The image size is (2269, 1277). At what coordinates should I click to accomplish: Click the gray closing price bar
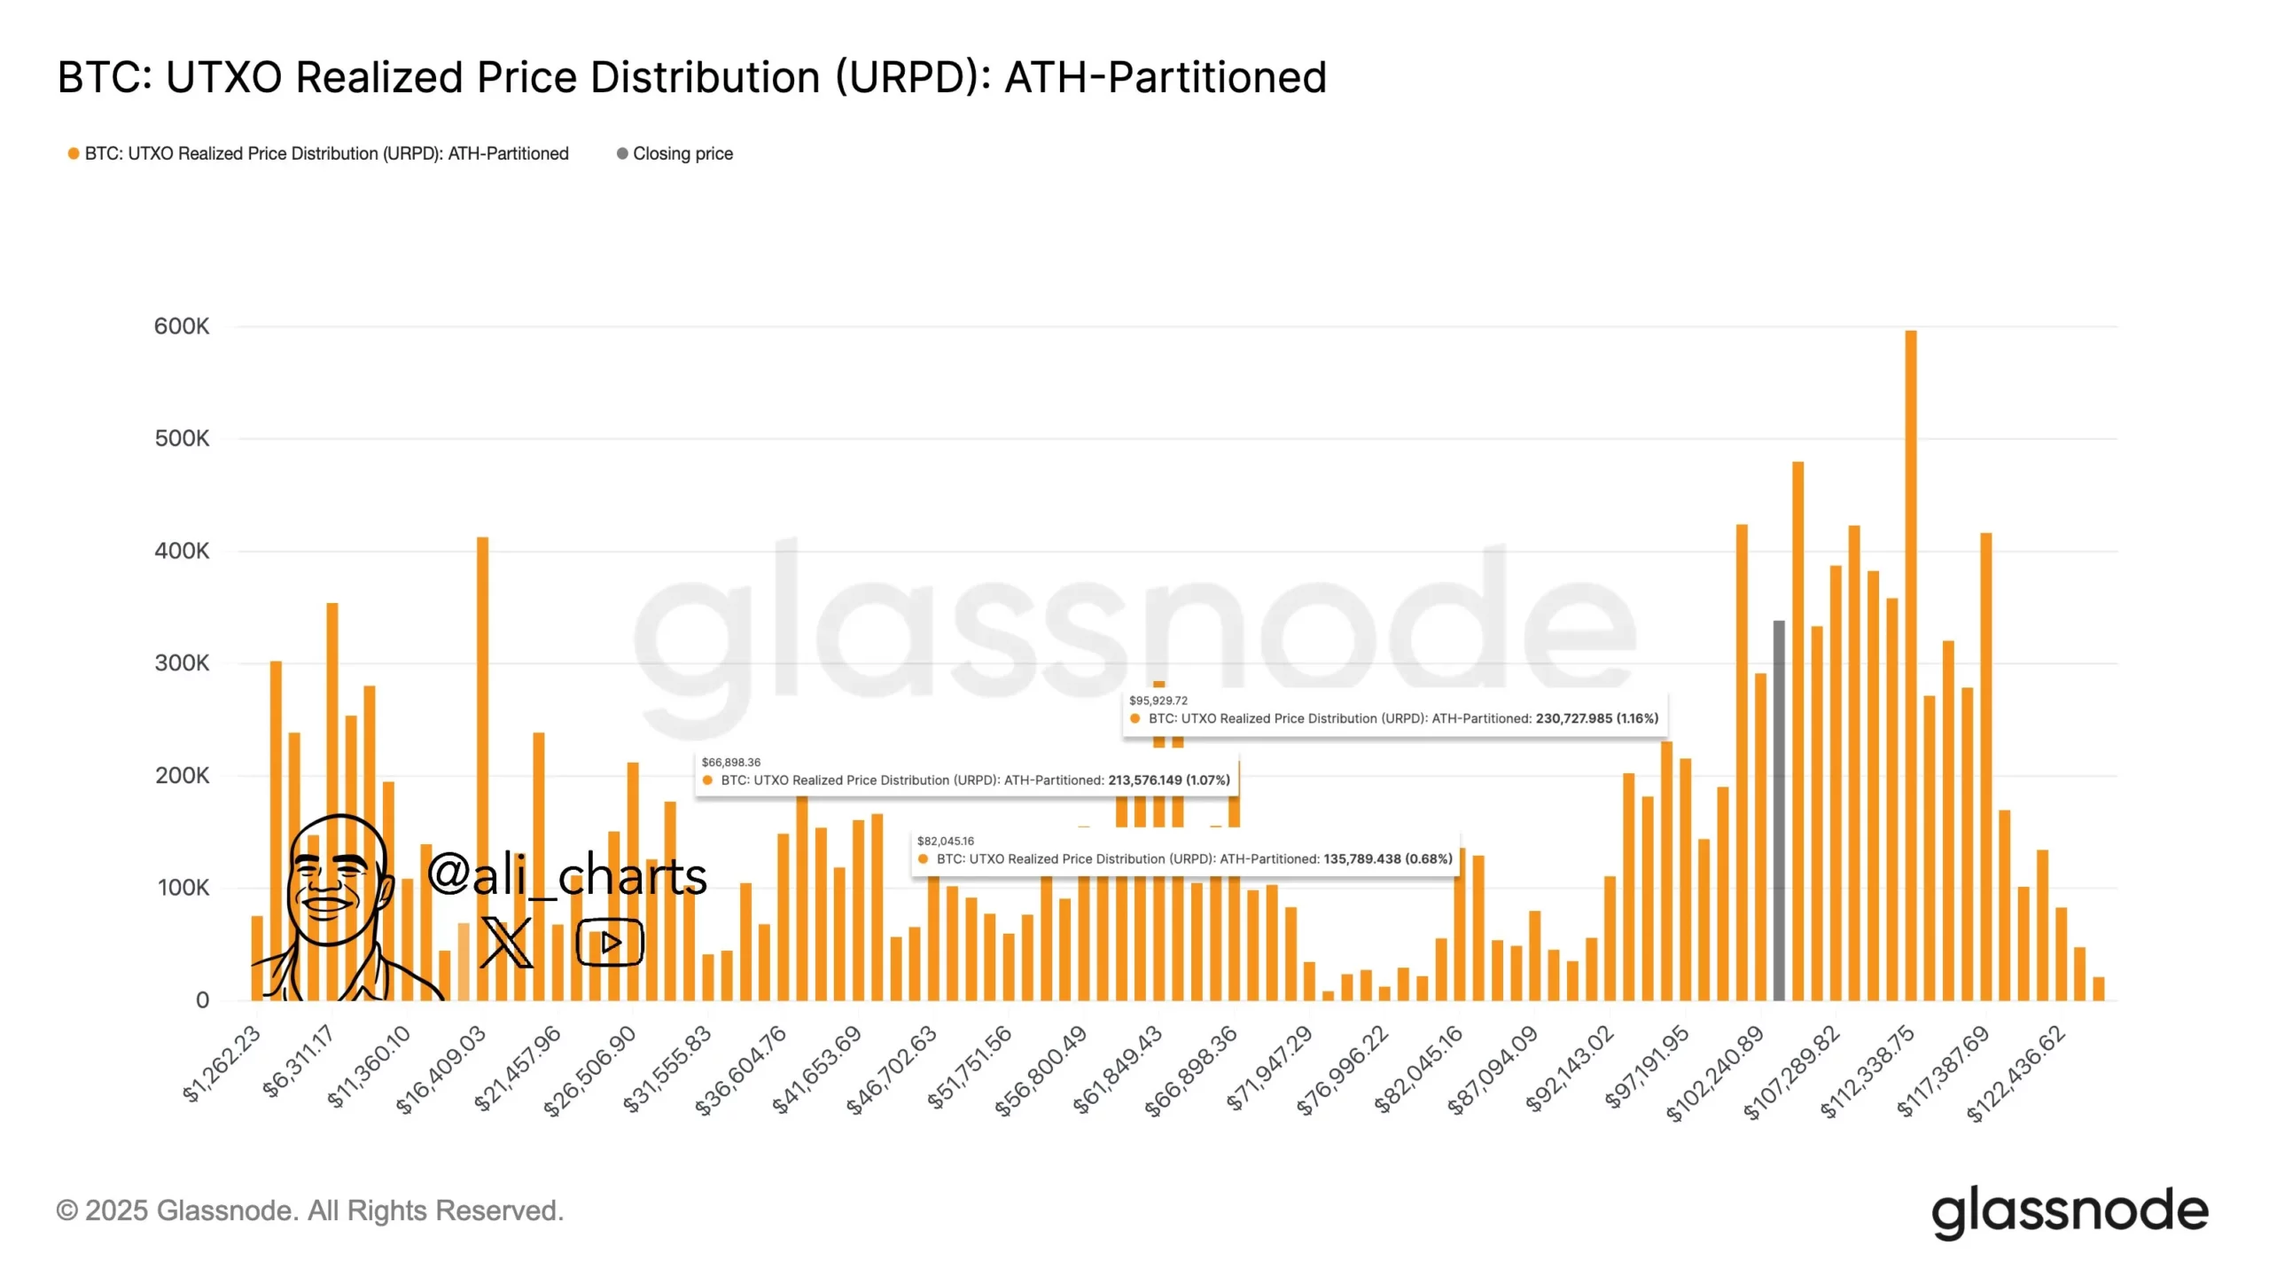1778,811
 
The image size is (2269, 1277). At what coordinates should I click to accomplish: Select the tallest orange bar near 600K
1910,665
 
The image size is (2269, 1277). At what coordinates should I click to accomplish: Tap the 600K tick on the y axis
182,326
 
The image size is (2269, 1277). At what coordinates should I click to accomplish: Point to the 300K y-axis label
182,663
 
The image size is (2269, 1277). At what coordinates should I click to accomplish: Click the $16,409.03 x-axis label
441,1069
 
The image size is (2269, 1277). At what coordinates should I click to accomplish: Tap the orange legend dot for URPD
74,153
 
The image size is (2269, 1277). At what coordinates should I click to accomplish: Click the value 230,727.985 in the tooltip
1573,718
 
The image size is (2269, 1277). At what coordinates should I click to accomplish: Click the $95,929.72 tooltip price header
1158,701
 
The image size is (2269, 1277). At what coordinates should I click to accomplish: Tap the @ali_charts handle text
567,875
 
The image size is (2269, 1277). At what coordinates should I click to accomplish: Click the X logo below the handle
506,943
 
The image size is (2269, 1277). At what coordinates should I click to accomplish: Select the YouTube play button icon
610,942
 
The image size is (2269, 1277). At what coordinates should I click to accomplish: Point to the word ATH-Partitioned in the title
1165,77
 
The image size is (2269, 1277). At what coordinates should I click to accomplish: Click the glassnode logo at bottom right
2069,1211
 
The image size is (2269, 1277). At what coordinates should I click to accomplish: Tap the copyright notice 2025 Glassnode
309,1210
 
